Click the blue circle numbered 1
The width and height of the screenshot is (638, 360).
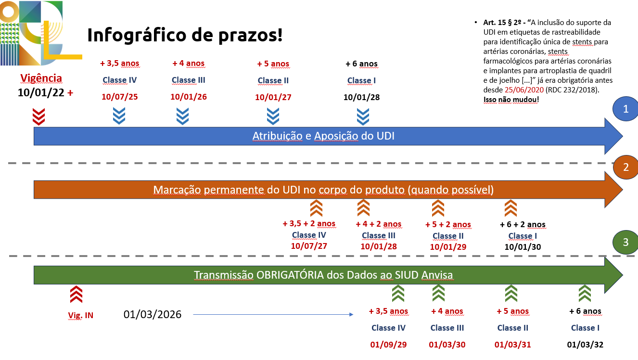tap(625, 109)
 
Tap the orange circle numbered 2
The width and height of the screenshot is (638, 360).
tap(626, 167)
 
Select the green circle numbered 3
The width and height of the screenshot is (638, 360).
tap(625, 242)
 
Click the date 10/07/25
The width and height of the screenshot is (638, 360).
tap(120, 97)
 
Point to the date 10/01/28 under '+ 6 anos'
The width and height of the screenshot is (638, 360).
tap(361, 97)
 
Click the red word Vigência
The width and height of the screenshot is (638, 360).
tap(41, 78)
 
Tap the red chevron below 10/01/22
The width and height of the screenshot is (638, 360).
tap(39, 117)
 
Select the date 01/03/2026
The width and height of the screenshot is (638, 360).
tap(153, 314)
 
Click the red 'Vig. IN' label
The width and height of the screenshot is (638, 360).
tap(81, 315)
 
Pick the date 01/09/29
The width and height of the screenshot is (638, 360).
tap(388, 345)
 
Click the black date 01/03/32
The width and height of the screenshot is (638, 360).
tap(585, 345)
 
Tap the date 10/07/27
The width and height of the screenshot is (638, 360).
tap(309, 246)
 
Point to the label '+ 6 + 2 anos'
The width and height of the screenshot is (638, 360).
tap(523, 224)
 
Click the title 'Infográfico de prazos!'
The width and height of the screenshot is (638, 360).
tap(185, 35)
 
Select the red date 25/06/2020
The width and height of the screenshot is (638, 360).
tap(524, 90)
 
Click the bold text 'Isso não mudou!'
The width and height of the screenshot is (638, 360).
tap(511, 100)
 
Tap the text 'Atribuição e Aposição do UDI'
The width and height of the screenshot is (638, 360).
tap(323, 136)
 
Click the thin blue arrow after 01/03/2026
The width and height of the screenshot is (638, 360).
tap(273, 314)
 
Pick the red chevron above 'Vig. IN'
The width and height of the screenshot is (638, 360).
tap(77, 294)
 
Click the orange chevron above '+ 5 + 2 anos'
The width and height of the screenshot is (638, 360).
tap(438, 208)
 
